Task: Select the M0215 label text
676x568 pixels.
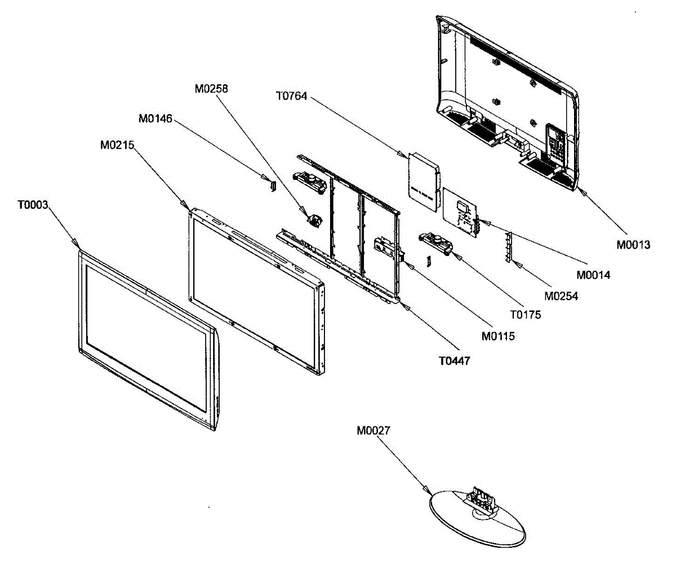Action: point(117,145)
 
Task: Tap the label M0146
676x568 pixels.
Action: point(155,119)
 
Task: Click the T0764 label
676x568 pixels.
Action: point(292,96)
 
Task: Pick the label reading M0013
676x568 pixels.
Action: point(633,245)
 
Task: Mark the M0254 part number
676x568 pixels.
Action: point(561,295)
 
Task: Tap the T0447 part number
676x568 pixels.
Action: point(455,360)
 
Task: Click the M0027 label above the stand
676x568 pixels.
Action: point(373,431)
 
